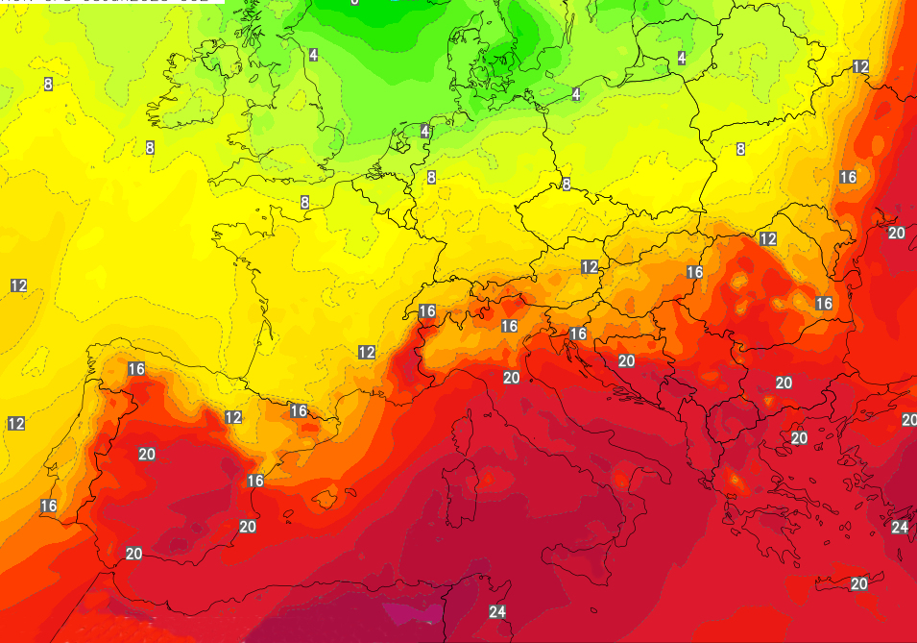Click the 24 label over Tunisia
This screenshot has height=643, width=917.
[x=497, y=612]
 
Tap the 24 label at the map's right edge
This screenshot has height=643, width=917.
[x=900, y=527]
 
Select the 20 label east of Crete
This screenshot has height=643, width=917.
[x=859, y=583]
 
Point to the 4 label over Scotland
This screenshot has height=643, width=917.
[x=313, y=55]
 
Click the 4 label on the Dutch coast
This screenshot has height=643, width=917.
[x=425, y=131]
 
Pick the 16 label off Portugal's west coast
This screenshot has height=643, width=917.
[x=49, y=506]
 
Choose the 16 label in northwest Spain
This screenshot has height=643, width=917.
[x=136, y=369]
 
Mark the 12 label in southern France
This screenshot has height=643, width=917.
[x=367, y=353]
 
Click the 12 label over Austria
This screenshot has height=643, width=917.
[x=590, y=266]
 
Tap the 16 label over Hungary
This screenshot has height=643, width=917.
[x=695, y=272]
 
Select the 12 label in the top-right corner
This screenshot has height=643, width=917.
[x=860, y=66]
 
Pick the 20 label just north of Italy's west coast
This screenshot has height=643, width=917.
[x=511, y=378]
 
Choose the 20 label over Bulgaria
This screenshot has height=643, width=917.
[x=784, y=383]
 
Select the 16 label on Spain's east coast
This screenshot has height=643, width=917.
[x=255, y=481]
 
